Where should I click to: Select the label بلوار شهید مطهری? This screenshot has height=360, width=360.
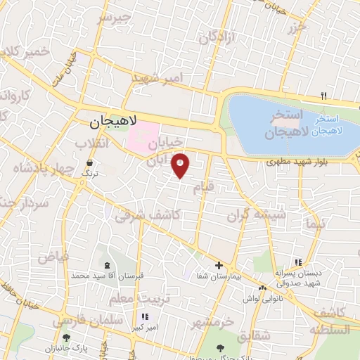pos(293,162)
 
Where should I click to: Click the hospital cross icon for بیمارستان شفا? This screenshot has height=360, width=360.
pos(219,266)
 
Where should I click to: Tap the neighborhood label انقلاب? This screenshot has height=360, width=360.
pos(93,143)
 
